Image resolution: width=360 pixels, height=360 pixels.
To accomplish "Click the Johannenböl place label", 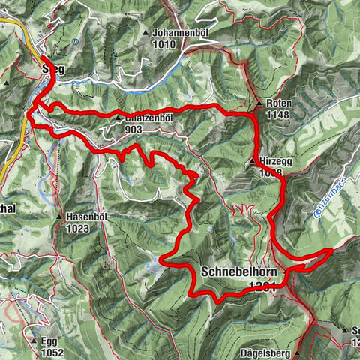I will [178, 34].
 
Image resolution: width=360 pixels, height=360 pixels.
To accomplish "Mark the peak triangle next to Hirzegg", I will [253, 160].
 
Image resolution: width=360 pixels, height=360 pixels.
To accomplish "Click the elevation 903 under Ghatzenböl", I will [135, 129].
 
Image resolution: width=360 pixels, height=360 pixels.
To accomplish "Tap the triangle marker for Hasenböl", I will [58, 217].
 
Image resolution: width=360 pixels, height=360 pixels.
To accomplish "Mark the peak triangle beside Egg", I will [33, 340].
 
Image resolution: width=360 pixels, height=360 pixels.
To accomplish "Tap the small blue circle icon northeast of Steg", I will [76, 43].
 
